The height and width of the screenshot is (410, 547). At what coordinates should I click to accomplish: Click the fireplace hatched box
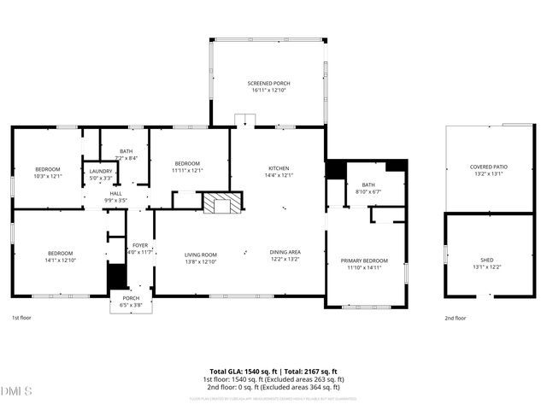point(221,203)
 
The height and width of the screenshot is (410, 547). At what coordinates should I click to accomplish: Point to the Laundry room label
point(100,172)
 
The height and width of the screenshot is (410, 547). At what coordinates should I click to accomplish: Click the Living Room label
point(201,254)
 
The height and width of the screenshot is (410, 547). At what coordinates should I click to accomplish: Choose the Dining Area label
point(285,252)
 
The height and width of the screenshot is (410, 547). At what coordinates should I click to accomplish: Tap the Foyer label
point(138,244)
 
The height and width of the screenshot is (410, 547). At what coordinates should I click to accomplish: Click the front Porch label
point(131,298)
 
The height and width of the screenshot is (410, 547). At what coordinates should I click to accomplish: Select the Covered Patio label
point(488,167)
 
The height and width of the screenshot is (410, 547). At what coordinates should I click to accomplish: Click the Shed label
point(487,260)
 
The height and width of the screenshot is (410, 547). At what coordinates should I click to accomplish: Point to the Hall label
point(115,194)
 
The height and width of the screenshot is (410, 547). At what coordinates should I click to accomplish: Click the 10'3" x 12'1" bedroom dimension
point(49,176)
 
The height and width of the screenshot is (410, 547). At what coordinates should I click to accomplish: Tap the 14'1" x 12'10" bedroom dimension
point(60,260)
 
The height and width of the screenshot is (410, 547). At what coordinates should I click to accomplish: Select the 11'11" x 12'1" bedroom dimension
point(187,170)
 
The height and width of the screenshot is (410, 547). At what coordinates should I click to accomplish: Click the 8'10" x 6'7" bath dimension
point(368,191)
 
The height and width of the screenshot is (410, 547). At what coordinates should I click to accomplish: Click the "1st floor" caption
point(21,318)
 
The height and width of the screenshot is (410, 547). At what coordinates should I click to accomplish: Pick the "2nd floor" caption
point(455,318)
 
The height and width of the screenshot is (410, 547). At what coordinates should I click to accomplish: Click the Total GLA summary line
point(273,372)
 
